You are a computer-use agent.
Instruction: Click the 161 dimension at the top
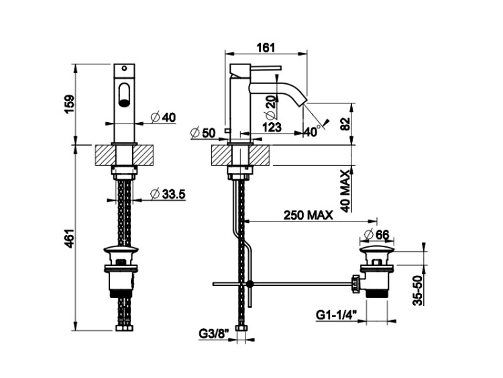(266, 46)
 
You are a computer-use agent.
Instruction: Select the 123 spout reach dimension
(272, 126)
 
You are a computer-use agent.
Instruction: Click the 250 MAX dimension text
(310, 215)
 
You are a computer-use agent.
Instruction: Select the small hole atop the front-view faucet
(123, 68)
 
